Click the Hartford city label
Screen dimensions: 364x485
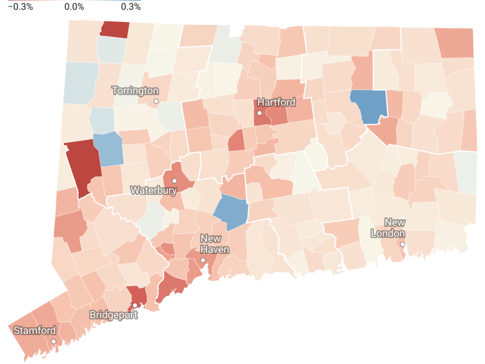[x=276, y=102]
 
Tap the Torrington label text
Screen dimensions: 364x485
[x=135, y=91]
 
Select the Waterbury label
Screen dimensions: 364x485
[x=154, y=190]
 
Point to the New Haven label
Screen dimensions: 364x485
[x=215, y=244]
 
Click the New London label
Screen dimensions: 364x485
[x=388, y=228]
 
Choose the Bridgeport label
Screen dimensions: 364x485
[x=113, y=315]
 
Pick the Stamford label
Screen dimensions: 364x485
[x=35, y=330]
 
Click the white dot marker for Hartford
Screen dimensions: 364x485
[x=259, y=113]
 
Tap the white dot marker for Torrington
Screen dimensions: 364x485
[x=156, y=101]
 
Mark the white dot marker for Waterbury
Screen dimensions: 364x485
[x=175, y=181]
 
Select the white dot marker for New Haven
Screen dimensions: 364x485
[x=203, y=260]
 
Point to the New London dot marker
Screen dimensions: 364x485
[x=403, y=244]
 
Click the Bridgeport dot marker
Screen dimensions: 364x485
[x=135, y=305]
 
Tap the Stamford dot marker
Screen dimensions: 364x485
[x=53, y=341]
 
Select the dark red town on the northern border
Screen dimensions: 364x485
[x=114, y=30]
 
